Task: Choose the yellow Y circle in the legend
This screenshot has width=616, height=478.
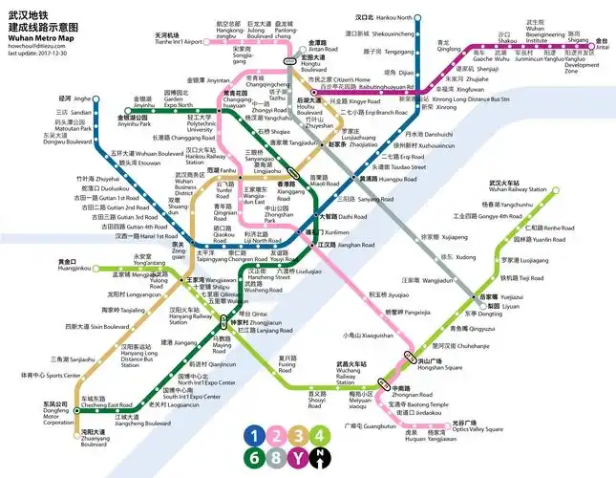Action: pos(299,457)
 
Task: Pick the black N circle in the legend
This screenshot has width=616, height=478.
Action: pos(321,457)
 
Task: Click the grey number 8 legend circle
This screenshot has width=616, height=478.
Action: pos(277,457)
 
